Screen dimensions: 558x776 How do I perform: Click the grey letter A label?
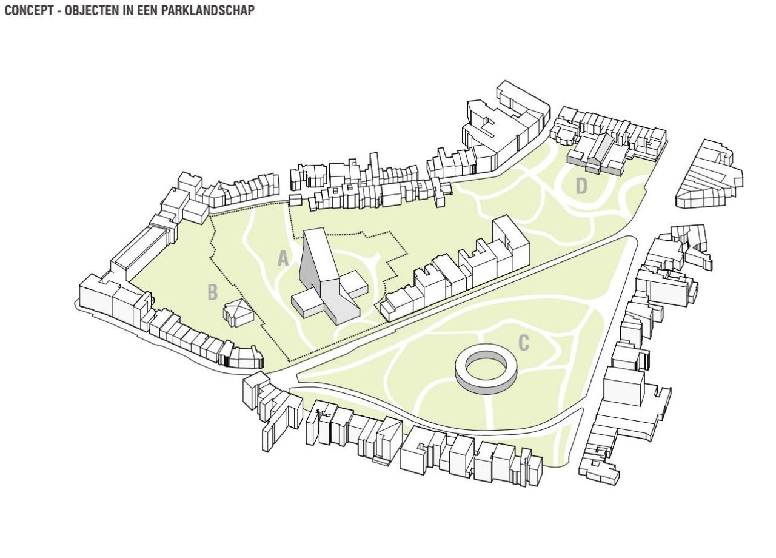coord(283,259)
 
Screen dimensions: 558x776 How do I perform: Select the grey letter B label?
coord(212,292)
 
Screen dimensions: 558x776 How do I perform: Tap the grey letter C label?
coord(523,343)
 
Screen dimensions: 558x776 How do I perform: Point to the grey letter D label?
coord(581,187)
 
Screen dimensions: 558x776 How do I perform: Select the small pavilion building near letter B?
coord(238,312)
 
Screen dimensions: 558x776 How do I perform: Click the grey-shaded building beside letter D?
coord(597,155)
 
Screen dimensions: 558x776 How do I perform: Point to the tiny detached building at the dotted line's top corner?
coord(295,200)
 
